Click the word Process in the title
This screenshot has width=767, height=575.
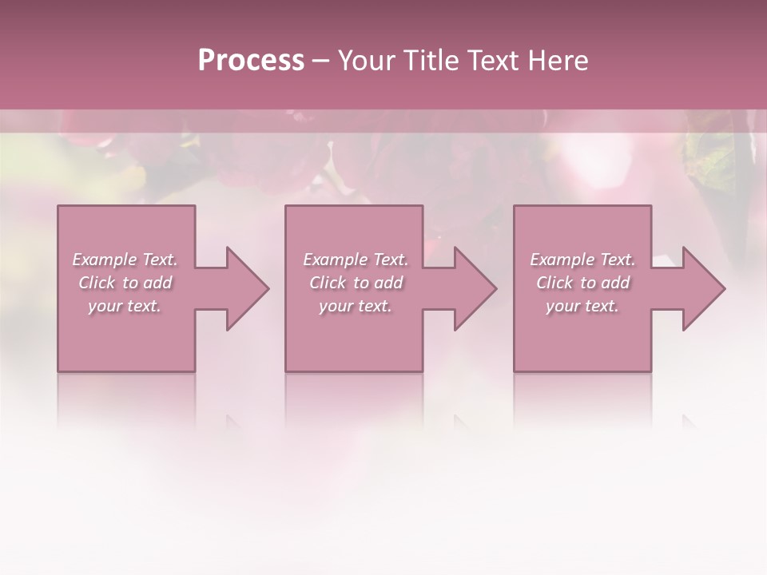click(251, 61)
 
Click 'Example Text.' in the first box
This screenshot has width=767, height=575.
click(125, 260)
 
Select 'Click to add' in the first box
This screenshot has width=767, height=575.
click(125, 283)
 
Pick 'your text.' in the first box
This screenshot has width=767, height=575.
click(125, 306)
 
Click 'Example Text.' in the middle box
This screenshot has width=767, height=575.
click(356, 260)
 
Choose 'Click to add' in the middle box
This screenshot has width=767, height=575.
click(356, 283)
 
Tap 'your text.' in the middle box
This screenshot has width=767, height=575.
click(356, 306)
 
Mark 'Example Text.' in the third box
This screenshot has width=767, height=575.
click(582, 260)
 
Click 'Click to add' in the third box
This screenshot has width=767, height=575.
click(582, 283)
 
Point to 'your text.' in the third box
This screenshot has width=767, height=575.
click(582, 306)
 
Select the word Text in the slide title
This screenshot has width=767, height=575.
click(494, 61)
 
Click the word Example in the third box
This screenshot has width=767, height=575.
click(562, 260)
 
